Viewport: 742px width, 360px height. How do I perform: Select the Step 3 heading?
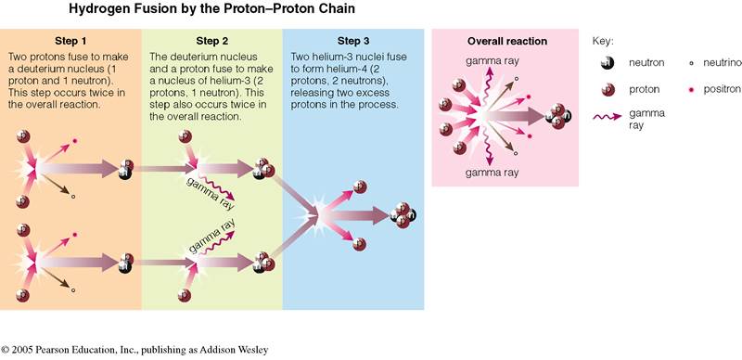(352, 42)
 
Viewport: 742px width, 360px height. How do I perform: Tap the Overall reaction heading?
(505, 42)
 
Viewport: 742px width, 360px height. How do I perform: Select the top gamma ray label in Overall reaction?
(484, 60)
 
